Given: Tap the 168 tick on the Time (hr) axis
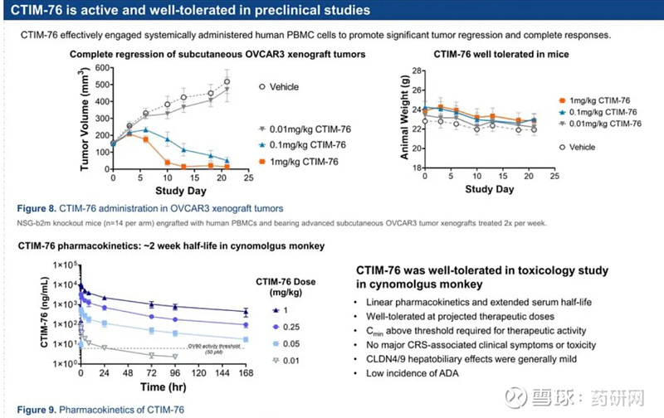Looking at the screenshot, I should [x=245, y=373].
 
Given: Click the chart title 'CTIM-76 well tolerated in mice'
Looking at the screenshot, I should [x=502, y=53].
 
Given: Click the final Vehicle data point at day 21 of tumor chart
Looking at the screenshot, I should [x=227, y=81].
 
